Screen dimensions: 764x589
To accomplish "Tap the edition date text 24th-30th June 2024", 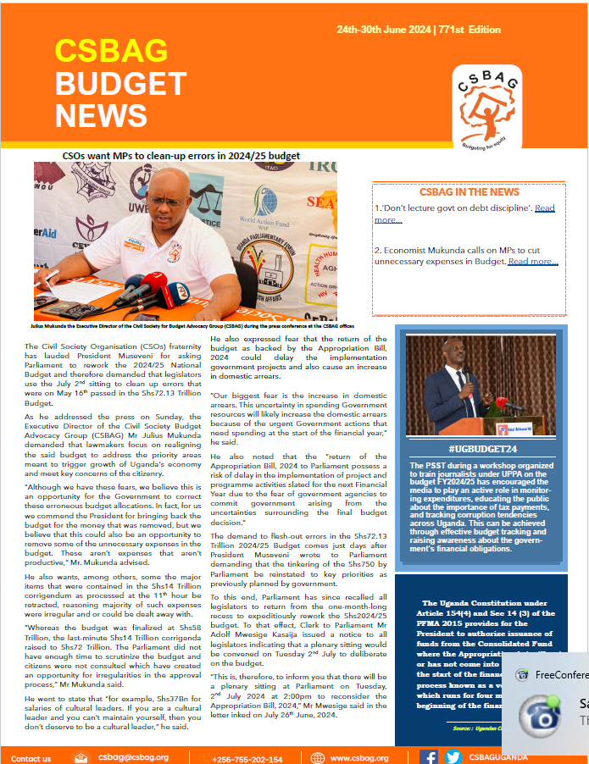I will coord(383,30).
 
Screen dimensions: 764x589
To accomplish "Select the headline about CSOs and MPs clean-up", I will coord(181,156).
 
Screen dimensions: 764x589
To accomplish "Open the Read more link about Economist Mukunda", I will coord(533,262).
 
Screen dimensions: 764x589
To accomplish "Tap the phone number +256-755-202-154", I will coord(247,759).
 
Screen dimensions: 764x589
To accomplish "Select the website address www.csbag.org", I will coord(359,758).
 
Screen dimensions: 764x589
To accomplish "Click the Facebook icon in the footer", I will coord(429,757).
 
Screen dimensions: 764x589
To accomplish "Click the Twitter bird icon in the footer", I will coord(453,757).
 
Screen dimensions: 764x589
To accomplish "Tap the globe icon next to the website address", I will coord(318,758).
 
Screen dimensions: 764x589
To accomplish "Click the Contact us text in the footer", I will coord(31,759).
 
